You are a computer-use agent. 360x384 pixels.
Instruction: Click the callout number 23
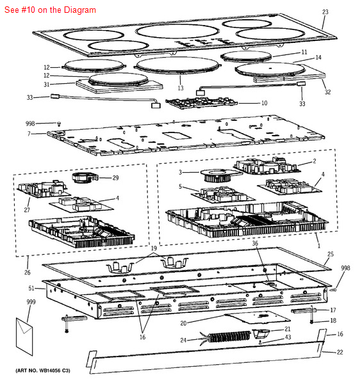point(325,12)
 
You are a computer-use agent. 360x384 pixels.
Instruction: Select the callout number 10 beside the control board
point(264,103)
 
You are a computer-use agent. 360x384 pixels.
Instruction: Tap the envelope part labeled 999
point(24,337)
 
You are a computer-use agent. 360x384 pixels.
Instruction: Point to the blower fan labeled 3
point(218,175)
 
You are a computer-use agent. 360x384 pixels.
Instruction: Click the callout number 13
point(181,88)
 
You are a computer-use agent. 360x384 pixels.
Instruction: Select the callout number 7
point(29,134)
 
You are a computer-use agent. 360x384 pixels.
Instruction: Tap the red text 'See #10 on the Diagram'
point(50,10)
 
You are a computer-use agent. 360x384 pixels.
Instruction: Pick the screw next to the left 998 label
point(59,124)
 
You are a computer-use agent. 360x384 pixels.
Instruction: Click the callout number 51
point(31,288)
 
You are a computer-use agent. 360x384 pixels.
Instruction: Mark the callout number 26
point(27,273)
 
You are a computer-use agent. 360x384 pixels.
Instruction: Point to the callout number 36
point(255,243)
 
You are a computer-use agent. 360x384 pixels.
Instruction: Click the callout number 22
point(340,352)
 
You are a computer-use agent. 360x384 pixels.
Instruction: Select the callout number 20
point(183,323)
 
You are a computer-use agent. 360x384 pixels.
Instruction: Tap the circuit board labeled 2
point(266,166)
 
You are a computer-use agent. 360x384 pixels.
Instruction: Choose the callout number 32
point(328,92)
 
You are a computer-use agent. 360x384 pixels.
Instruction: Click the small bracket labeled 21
point(261,333)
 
